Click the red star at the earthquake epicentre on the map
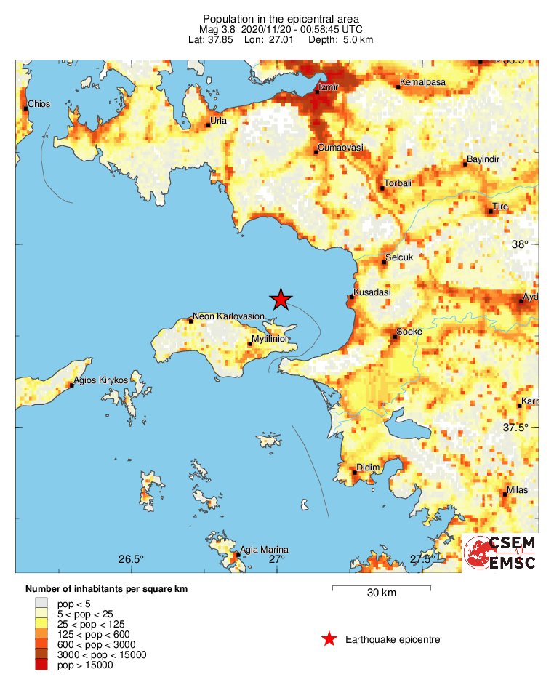click(x=281, y=299)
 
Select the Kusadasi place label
click(x=372, y=292)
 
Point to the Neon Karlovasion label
click(x=228, y=317)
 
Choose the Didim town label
click(x=368, y=468)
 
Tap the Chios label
click(x=39, y=104)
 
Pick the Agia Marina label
click(x=264, y=549)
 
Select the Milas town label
click(x=518, y=490)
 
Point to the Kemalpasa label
click(x=422, y=83)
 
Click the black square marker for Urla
click(x=208, y=125)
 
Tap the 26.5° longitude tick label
click(x=131, y=559)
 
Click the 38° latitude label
click(x=520, y=245)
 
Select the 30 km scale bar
click(x=381, y=587)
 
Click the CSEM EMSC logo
click(x=500, y=553)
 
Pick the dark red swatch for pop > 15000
click(x=41, y=665)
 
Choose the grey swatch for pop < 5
click(x=41, y=603)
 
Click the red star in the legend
click(x=329, y=639)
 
